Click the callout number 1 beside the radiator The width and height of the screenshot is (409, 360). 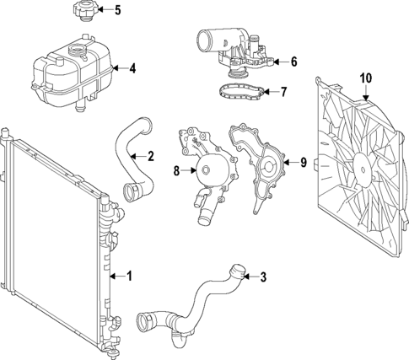coord(130,275)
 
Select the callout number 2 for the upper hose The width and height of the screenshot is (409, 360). coord(150,155)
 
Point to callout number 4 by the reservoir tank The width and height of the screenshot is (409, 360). coord(132,68)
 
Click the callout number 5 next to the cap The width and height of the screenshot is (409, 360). coord(117,11)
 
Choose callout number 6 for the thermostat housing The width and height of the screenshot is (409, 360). coord(293,62)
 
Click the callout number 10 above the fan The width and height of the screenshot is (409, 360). coord(365,78)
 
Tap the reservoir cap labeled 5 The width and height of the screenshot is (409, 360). coord(80,13)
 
